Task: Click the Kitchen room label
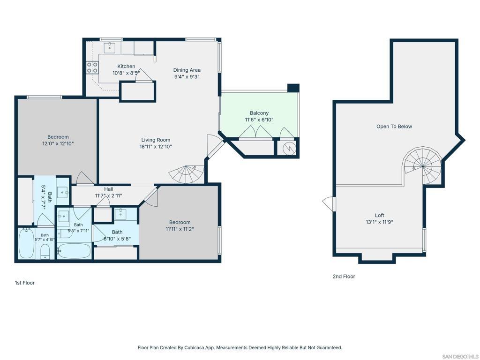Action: point(126,66)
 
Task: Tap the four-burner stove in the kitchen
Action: point(92,67)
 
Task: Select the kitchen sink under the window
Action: point(109,47)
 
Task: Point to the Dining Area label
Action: point(187,70)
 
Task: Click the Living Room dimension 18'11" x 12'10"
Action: point(156,147)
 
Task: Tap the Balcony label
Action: point(259,113)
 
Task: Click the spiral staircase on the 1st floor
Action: point(187,174)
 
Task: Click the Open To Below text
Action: point(394,127)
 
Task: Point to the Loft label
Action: point(379,215)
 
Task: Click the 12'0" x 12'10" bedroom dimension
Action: point(58,143)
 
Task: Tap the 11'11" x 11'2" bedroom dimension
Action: point(180,229)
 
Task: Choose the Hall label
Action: point(108,189)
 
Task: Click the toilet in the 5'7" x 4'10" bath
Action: point(45,251)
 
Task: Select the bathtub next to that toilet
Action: point(26,244)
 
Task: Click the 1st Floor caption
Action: point(25,283)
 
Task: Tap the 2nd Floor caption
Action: point(344,277)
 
